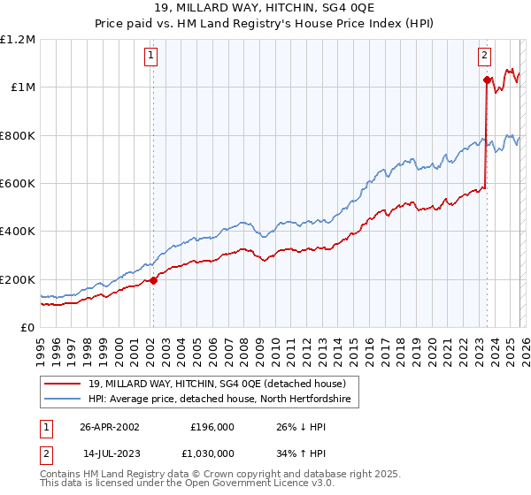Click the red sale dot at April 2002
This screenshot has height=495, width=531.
(x=153, y=280)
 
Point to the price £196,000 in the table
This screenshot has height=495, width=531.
(x=212, y=426)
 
